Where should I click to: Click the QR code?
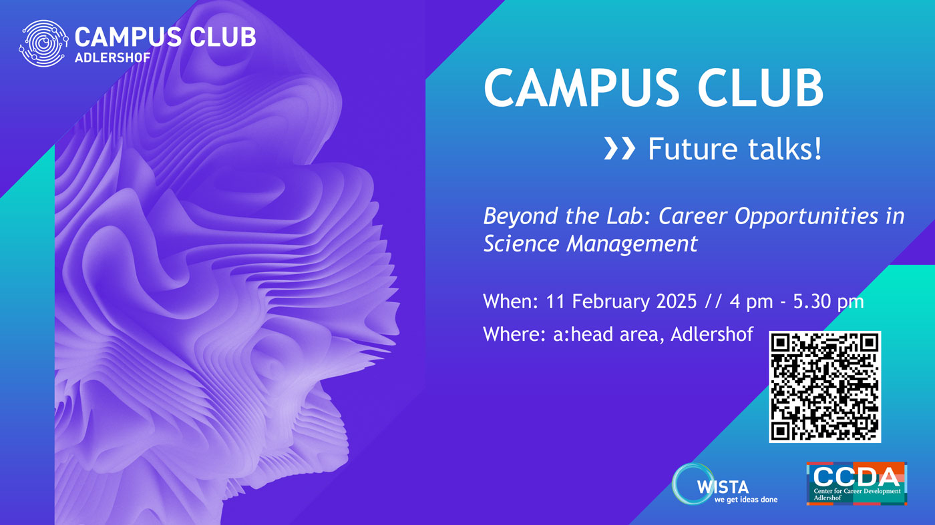(x=825, y=386)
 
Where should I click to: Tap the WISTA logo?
(x=725, y=484)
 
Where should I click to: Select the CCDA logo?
(x=856, y=483)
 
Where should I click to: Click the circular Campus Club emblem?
(x=43, y=43)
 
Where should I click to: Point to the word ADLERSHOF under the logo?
(x=113, y=57)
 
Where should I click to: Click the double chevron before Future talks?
(x=620, y=149)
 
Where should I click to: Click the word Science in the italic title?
(x=521, y=243)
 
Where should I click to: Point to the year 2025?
(x=677, y=302)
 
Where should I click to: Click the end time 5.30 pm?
(x=828, y=302)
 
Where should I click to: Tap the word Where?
(x=514, y=334)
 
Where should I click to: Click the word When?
(x=510, y=302)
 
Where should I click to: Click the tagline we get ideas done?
(x=746, y=500)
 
